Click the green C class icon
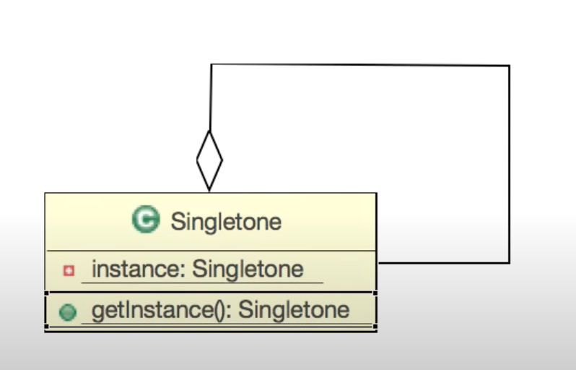click(x=146, y=220)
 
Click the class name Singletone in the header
click(x=225, y=221)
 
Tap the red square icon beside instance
click(x=69, y=271)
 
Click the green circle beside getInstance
click(x=68, y=312)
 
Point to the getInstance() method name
click(x=159, y=310)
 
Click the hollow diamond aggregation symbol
click(x=209, y=160)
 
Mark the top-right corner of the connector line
click(x=509, y=66)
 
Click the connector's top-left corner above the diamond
click(x=211, y=65)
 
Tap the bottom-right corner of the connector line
click(x=509, y=262)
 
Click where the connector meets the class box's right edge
click(x=377, y=263)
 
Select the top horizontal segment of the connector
click(x=361, y=65)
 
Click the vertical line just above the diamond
click(x=210, y=101)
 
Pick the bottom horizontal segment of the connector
click(x=443, y=262)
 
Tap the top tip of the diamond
click(x=209, y=131)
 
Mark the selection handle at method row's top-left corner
click(x=47, y=293)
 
